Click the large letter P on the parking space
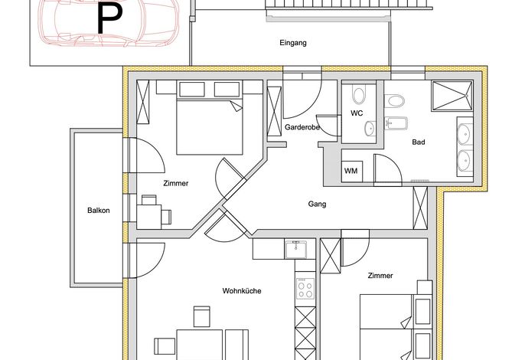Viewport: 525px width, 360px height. click(x=109, y=18)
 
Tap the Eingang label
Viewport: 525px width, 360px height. click(x=293, y=43)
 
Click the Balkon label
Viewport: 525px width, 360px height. click(x=99, y=211)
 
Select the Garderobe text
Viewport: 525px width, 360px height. click(x=302, y=127)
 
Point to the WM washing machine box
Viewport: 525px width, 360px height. click(x=351, y=172)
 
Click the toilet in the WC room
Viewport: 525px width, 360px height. click(x=359, y=94)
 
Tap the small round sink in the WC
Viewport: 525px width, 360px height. click(x=370, y=129)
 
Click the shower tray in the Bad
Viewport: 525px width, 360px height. click(x=452, y=96)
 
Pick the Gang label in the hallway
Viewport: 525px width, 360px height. click(x=317, y=204)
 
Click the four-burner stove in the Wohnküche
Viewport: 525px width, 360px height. click(x=305, y=288)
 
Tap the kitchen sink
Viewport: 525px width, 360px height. click(x=295, y=250)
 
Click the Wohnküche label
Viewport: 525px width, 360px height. click(x=242, y=291)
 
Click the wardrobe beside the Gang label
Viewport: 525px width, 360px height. click(x=420, y=208)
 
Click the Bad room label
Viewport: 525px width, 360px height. click(x=419, y=142)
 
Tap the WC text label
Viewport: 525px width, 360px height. click(x=357, y=113)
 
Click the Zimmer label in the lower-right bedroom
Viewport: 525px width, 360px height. click(x=380, y=276)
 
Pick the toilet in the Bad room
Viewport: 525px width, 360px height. click(x=394, y=101)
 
